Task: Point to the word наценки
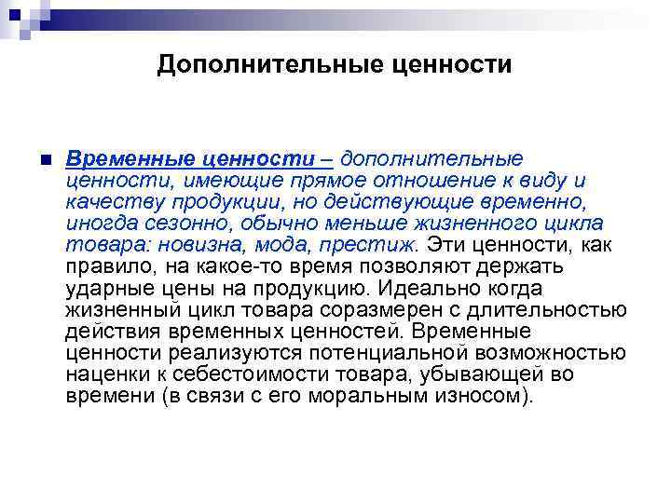point(103,374)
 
